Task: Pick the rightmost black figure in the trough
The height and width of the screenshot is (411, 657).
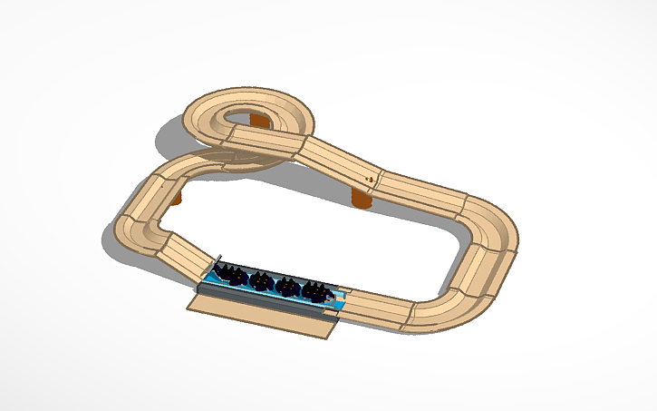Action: (x=315, y=291)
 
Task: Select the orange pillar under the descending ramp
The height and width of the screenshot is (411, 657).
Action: (x=362, y=199)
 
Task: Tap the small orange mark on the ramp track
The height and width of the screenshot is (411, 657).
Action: (x=369, y=180)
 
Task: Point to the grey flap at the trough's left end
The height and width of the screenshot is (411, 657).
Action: (x=215, y=263)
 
